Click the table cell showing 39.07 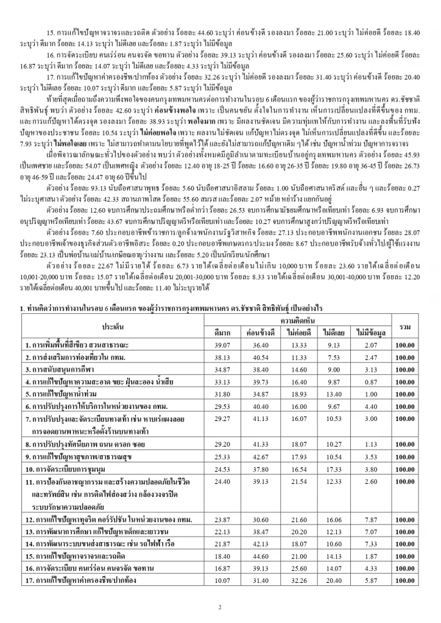pos(221,345)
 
